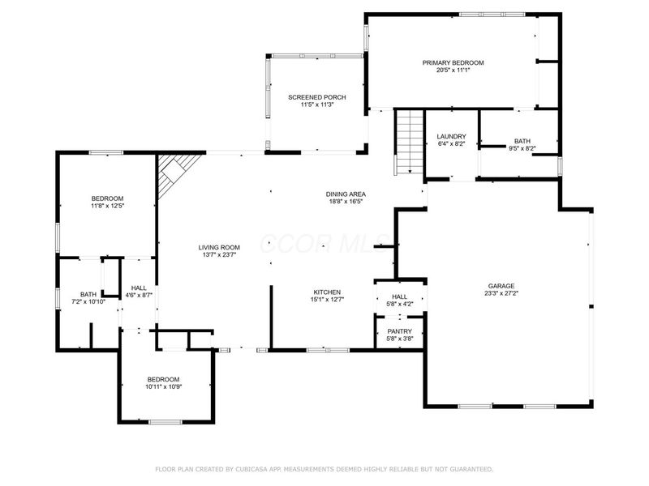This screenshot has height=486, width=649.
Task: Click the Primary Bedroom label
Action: [453, 62]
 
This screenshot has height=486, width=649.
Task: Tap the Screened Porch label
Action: [317, 97]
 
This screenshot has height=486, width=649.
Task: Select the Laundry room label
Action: [451, 136]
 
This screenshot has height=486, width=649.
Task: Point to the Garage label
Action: [501, 286]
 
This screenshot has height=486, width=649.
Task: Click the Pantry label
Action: [399, 331]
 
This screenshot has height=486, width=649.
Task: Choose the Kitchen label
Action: [327, 292]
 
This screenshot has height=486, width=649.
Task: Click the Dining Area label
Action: [346, 194]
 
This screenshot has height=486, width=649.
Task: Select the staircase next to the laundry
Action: [410, 142]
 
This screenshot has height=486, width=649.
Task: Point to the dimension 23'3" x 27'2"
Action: [501, 294]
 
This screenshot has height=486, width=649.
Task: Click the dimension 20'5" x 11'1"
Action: [453, 70]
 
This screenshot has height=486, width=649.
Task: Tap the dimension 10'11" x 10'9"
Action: [163, 387]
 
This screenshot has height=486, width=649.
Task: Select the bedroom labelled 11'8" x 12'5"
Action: [107, 198]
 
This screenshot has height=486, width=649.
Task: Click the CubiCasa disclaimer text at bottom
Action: [324, 469]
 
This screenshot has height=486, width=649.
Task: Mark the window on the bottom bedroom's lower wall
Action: [165, 421]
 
